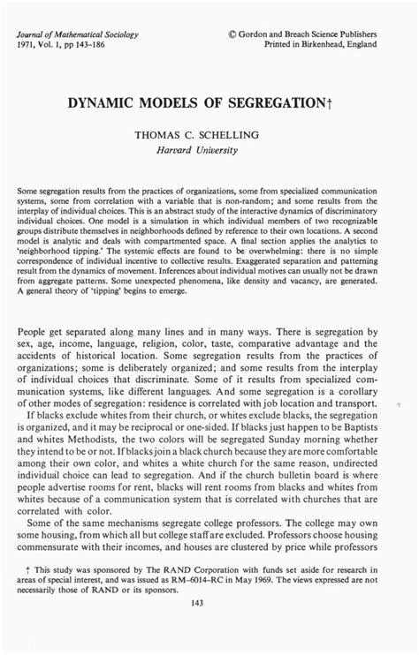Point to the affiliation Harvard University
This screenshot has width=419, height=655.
point(209,149)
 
